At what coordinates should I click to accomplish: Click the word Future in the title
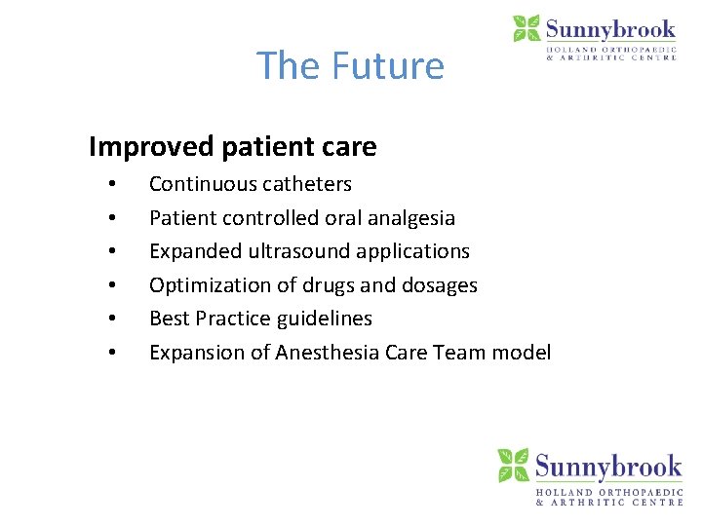387,66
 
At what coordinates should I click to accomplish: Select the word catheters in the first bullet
304,184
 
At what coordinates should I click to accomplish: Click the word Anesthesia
328,353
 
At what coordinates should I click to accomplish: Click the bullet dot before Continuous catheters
113,185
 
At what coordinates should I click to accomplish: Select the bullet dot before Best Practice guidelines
113,319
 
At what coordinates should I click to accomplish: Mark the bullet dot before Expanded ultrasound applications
113,252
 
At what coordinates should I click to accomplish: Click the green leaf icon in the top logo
526,28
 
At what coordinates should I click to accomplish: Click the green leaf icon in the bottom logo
513,465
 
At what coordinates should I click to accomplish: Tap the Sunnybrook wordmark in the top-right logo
610,28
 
